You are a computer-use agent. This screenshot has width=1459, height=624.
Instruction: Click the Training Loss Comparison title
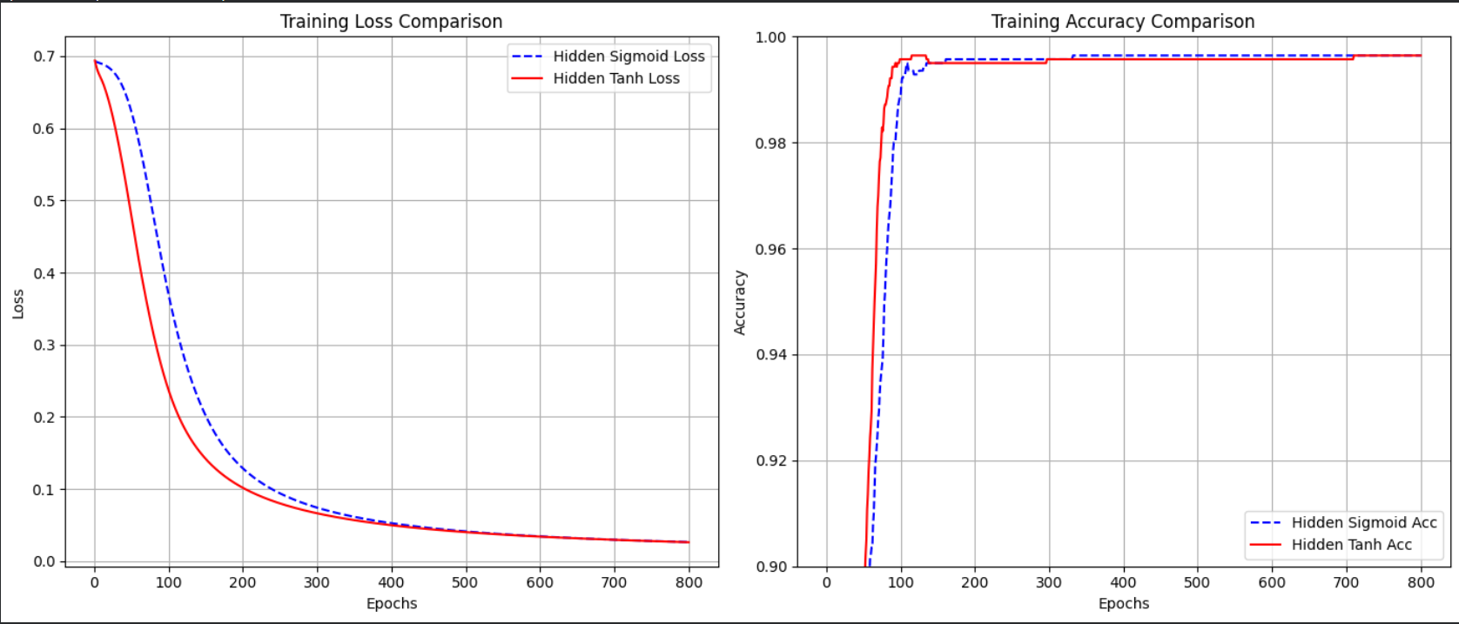coord(391,22)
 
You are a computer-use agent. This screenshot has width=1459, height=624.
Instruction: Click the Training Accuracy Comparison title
coord(1123,22)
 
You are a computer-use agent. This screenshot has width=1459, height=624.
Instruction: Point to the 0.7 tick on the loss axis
coord(44,57)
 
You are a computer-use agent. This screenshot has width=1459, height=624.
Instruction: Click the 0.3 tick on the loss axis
coord(44,346)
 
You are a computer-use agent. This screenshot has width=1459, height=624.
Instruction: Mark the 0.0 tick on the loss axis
coord(44,561)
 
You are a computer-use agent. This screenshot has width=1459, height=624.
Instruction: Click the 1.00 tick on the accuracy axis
coord(770,37)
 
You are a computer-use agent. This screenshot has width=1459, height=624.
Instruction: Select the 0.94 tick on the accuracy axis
coord(770,355)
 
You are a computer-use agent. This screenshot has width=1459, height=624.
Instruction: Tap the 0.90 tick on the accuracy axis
coord(770,567)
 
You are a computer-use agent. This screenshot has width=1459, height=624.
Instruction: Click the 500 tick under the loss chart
coord(465,582)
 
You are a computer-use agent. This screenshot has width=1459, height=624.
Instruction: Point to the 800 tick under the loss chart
coord(689,582)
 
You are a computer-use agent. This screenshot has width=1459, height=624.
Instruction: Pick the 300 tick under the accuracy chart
coord(1049,582)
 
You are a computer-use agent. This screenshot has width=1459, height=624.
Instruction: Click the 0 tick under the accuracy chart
coord(826,582)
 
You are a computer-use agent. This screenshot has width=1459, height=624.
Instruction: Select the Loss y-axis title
coord(18,305)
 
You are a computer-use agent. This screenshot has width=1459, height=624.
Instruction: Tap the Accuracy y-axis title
coord(740,302)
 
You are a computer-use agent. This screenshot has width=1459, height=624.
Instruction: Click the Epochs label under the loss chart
coord(392,603)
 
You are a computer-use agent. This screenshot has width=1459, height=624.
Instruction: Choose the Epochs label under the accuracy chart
coord(1123,603)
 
